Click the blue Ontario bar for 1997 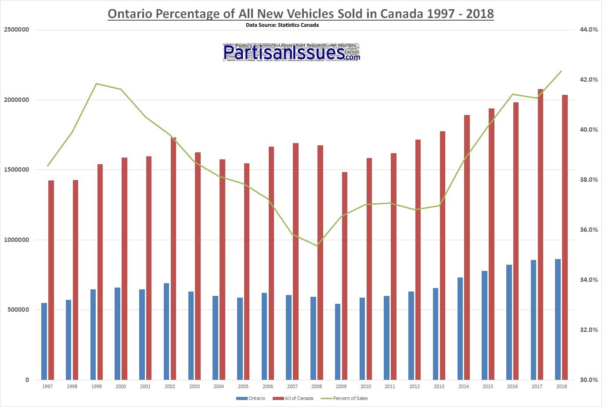coord(44,341)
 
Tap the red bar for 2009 coord(345,276)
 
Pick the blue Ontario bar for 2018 coord(558,319)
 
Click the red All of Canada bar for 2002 coord(173,259)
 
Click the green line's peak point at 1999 coord(96,83)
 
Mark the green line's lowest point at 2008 coord(317,245)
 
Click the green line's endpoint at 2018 coord(561,71)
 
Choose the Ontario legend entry coord(251,398)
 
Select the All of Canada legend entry coord(293,398)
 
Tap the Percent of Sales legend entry coord(345,398)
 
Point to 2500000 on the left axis coord(16,29)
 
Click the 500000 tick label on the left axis coord(18,310)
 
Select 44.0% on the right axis coord(589,29)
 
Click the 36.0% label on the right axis coord(589,230)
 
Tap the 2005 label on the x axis coord(243,386)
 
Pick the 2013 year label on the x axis coord(439,386)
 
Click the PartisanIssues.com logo coord(292,52)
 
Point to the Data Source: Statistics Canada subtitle coord(282,25)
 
